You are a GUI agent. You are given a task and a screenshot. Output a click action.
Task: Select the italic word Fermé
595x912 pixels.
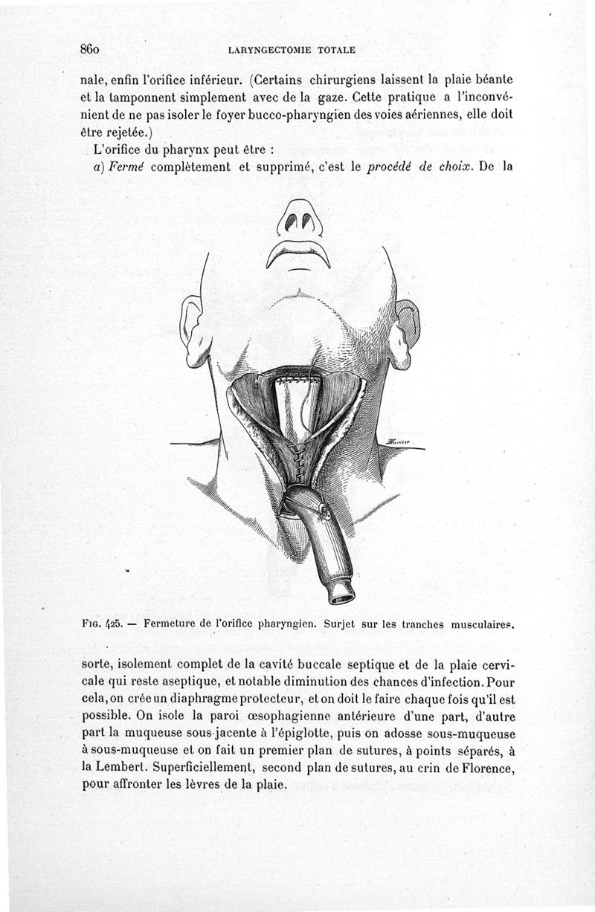129,167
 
